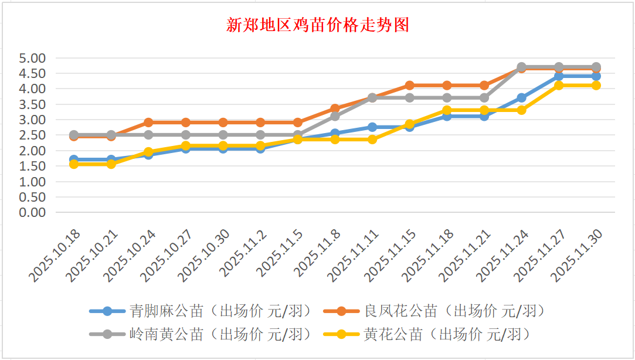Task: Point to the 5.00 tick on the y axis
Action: (32, 58)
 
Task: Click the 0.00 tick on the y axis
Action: (32, 212)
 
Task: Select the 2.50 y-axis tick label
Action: (32, 135)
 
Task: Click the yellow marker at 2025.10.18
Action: (74, 164)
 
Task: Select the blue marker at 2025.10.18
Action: (74, 159)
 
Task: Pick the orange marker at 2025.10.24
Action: (148, 123)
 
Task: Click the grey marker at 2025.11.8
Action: (335, 116)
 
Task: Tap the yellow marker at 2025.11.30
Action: (596, 86)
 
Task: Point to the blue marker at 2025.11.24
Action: (521, 98)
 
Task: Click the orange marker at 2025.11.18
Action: (447, 86)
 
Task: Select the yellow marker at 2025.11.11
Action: (372, 140)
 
